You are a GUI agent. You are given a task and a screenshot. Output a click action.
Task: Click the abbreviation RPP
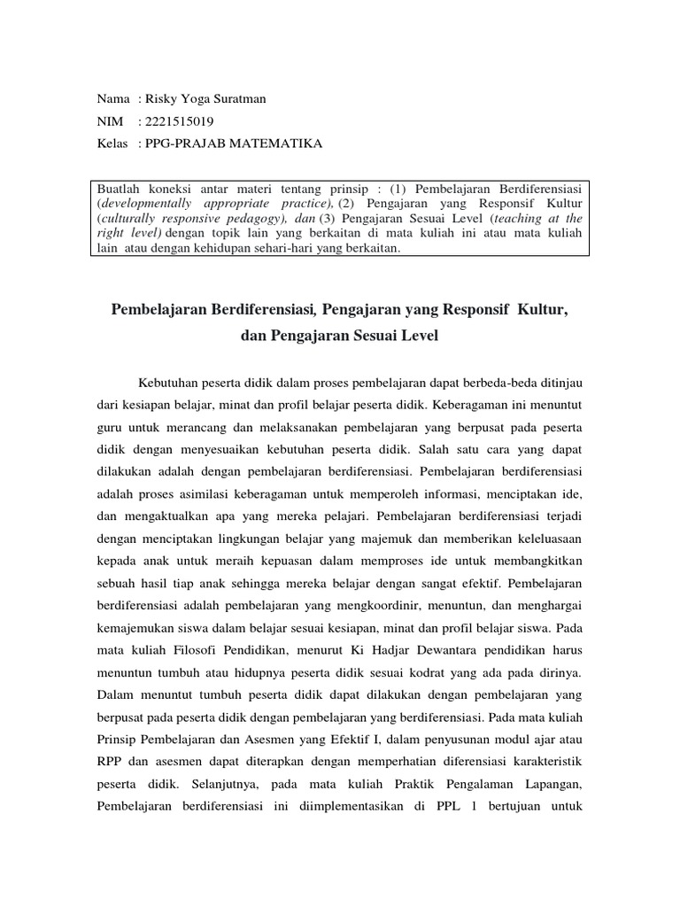pyautogui.click(x=111, y=760)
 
